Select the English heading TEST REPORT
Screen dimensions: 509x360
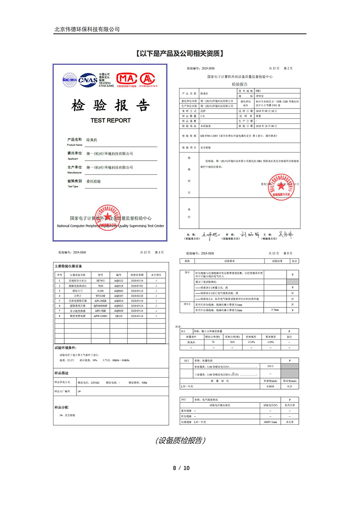(110, 120)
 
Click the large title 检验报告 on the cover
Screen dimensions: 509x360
(110, 106)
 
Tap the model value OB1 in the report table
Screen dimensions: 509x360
(258, 90)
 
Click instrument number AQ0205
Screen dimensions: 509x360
(119, 295)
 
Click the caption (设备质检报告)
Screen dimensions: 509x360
(180, 440)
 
